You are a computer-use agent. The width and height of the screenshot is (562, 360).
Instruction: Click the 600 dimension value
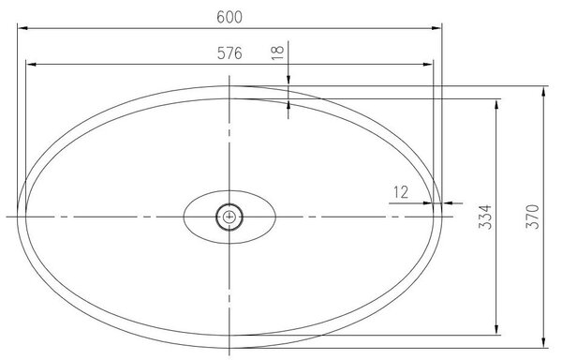(x=229, y=17)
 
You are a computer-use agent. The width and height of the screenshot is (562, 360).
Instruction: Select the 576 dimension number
(x=229, y=53)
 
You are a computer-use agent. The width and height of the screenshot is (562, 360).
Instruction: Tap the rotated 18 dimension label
(x=278, y=52)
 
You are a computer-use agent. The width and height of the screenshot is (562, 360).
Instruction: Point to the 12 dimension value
(x=401, y=192)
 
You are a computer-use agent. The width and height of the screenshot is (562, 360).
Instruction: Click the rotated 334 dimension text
(x=485, y=217)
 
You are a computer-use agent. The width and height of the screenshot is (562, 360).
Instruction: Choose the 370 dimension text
(x=533, y=217)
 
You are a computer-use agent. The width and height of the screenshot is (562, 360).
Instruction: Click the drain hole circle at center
(x=229, y=217)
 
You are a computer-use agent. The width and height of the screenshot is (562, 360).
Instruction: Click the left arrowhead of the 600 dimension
(x=22, y=28)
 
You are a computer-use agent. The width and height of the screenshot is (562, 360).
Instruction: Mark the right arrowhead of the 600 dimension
(x=436, y=28)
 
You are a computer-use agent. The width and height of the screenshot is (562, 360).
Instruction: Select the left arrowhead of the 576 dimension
(x=31, y=65)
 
